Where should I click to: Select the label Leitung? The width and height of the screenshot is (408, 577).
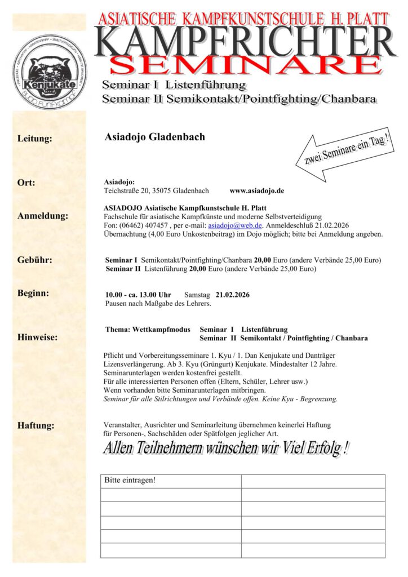tap(34, 139)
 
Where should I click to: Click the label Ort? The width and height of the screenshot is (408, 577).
tap(26, 183)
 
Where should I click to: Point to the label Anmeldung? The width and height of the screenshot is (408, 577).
tap(42, 216)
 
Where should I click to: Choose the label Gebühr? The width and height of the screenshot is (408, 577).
tap(34, 260)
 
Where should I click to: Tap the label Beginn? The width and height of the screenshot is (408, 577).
tap(33, 293)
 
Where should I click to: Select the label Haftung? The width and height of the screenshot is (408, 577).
tap(36, 425)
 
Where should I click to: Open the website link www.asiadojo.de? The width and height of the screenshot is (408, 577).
tap(256, 191)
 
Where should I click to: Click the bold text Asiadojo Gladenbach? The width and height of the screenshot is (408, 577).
tap(154, 137)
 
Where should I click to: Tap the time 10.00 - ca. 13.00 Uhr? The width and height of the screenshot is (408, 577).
tap(138, 295)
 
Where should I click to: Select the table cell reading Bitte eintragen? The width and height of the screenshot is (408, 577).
tap(130, 481)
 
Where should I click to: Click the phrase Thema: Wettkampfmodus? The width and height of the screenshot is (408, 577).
tap(148, 330)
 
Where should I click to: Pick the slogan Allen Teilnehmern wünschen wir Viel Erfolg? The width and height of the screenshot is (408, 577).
tap(225, 449)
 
